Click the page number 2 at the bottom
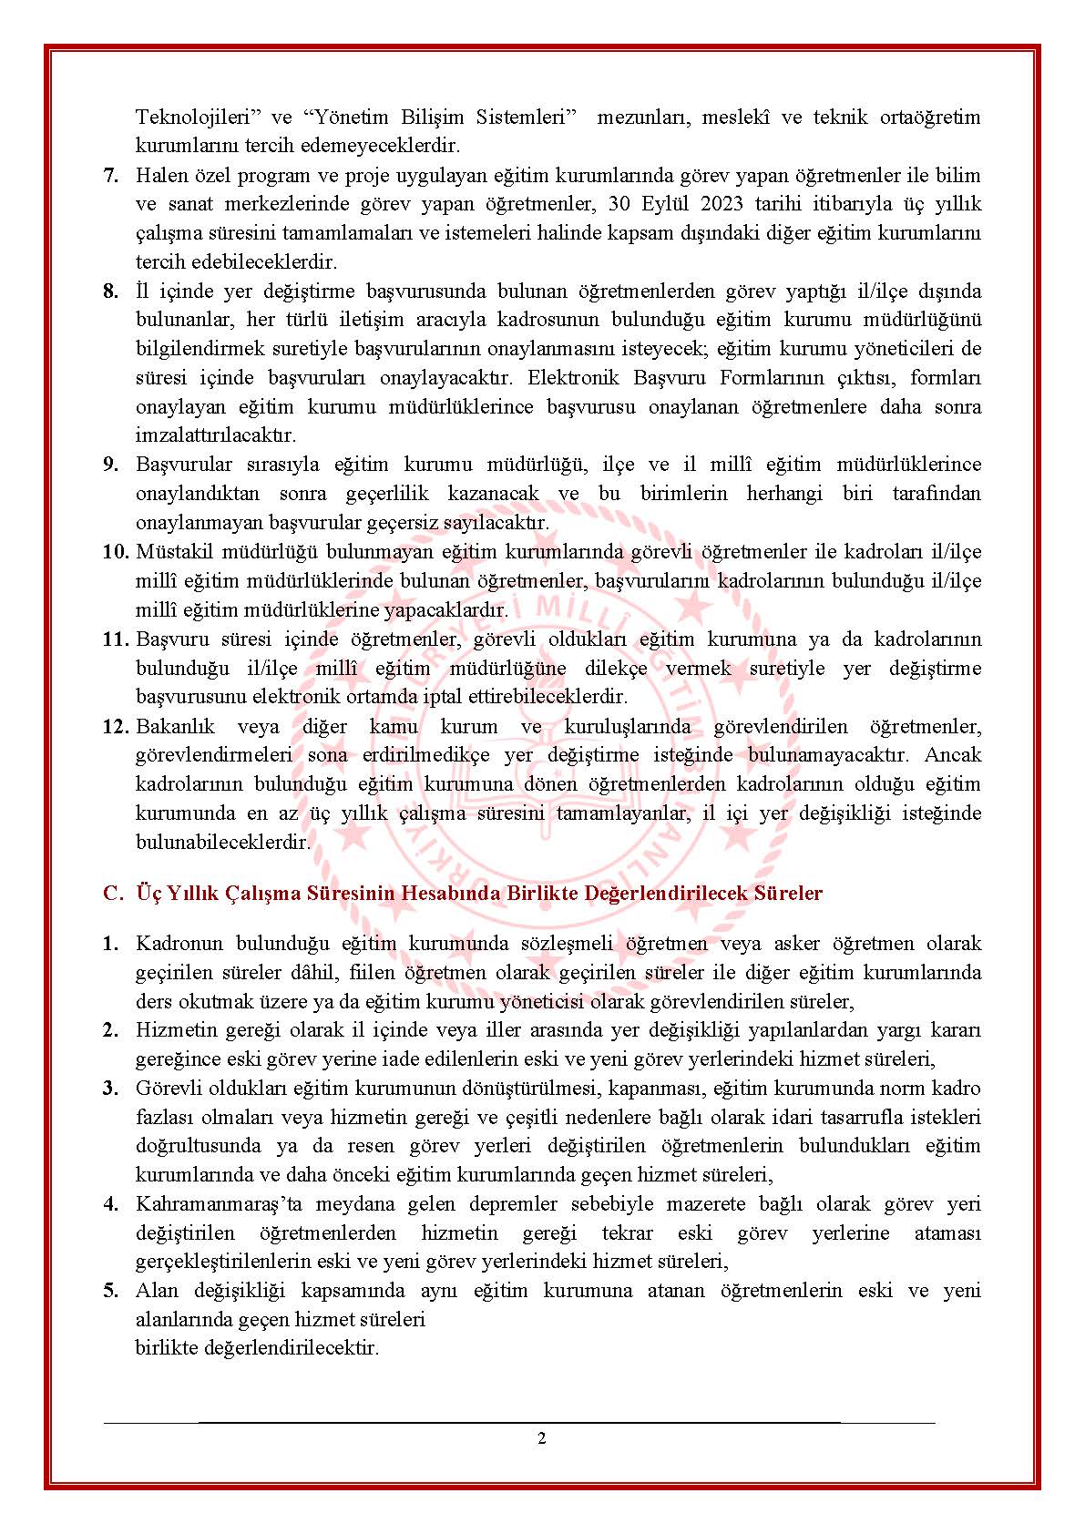click(542, 1439)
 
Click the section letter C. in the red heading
click(113, 893)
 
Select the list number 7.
click(110, 175)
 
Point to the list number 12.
click(115, 726)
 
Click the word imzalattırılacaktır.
click(216, 435)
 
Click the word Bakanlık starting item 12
click(175, 726)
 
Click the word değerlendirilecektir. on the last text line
click(257, 1347)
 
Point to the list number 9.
click(110, 465)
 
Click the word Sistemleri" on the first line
click(528, 117)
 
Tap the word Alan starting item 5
click(157, 1290)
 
